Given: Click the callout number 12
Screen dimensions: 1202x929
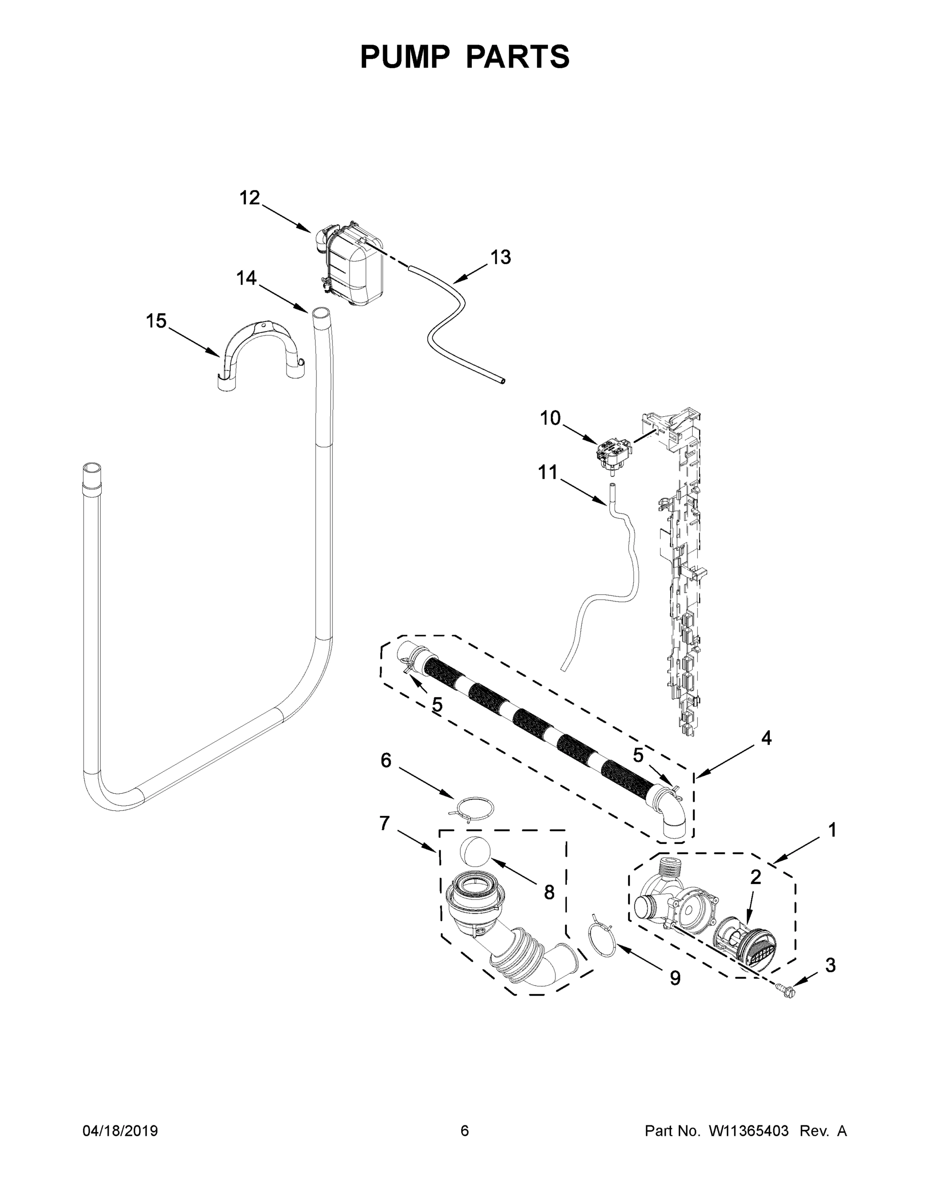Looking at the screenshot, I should tap(249, 198).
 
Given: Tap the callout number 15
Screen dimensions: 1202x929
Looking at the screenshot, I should tap(156, 321).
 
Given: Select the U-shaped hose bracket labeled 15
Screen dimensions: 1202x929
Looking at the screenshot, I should tap(258, 352).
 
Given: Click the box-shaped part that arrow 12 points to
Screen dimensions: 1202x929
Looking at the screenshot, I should tap(352, 264).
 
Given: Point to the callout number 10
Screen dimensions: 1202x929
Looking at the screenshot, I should tap(550, 418).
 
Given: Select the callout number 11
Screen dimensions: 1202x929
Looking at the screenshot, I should tap(547, 472).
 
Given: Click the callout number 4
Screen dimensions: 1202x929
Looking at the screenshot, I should tap(766, 739).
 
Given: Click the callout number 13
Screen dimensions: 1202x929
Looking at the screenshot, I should tap(500, 257).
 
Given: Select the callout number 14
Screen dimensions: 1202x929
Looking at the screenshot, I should tap(246, 278).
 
